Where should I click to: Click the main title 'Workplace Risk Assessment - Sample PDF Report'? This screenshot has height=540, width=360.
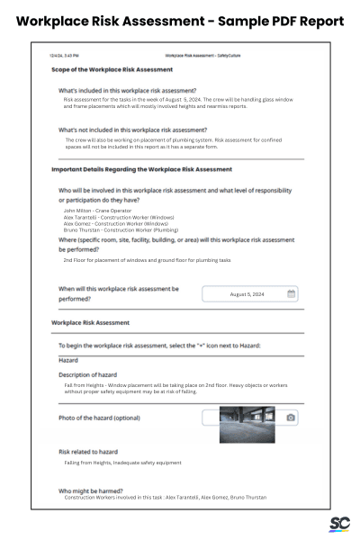click(180, 21)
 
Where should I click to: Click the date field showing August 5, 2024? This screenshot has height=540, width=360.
click(246, 293)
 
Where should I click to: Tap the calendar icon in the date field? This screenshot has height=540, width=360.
click(291, 293)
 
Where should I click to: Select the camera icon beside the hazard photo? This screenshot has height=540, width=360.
click(291, 418)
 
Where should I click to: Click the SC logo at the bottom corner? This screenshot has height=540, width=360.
click(338, 525)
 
